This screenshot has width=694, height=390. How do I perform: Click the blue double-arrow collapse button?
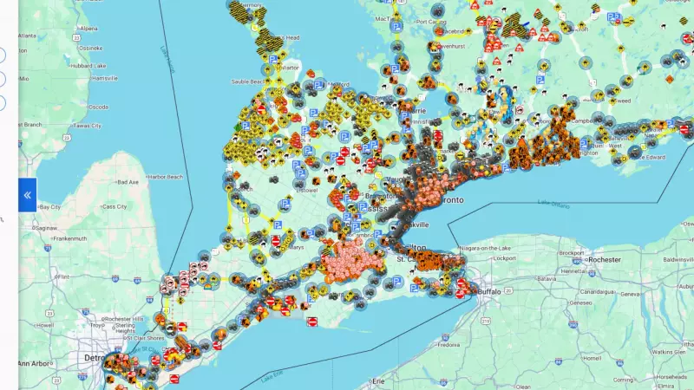coord(27,195)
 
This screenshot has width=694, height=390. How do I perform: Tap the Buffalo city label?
coord(498,292)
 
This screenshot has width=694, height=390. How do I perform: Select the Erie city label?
coord(377,380)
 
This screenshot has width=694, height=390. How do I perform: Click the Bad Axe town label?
coord(128,182)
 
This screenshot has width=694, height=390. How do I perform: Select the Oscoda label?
coord(98,107)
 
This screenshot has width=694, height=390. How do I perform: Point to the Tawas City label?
coord(88,125)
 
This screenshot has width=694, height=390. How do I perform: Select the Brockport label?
coord(572,253)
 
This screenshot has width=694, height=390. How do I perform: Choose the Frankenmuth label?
coord(58,237)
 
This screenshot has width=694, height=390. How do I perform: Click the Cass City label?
coord(115,207)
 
